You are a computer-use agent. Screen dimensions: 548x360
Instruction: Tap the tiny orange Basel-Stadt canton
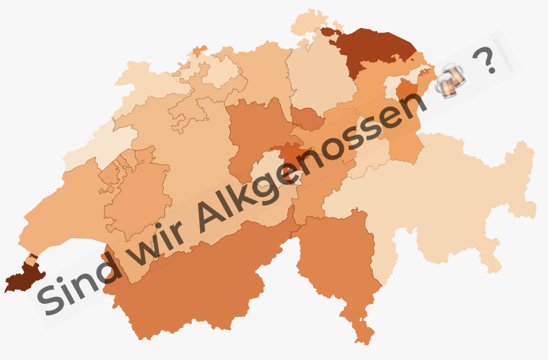[199, 51]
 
